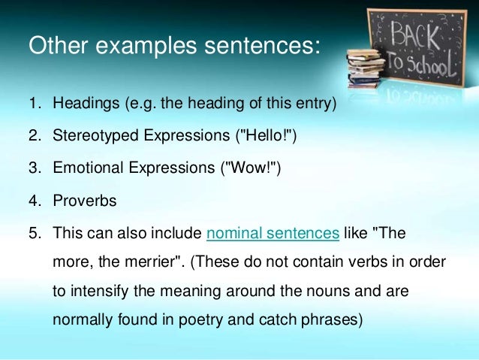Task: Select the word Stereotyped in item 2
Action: coord(93,136)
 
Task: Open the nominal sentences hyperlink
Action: coord(273,234)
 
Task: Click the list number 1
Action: coord(35,103)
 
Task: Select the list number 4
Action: coord(35,201)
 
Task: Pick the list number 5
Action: coord(35,234)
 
